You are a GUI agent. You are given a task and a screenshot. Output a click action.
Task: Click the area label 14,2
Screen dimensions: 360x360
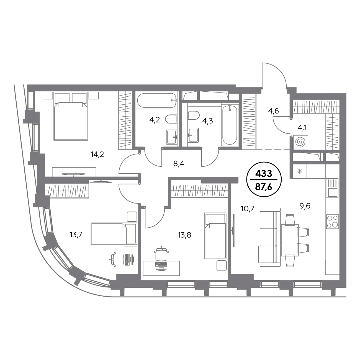point(97,155)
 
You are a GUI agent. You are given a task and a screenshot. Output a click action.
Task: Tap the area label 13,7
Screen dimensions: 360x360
point(76,235)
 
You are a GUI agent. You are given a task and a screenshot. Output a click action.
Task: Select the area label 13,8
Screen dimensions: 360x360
point(185,235)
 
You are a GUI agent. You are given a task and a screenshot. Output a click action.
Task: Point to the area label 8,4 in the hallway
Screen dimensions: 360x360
point(179,164)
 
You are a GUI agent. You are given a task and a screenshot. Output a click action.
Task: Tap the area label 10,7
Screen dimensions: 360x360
point(248,209)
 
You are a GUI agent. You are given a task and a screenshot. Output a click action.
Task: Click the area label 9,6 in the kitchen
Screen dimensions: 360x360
point(305,206)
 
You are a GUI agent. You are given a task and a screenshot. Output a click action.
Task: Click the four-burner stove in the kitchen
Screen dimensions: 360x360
point(333,222)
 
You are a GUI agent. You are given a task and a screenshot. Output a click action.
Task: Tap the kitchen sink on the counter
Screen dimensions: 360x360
point(332,188)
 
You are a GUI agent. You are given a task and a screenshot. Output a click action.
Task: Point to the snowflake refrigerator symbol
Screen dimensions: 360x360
point(300,171)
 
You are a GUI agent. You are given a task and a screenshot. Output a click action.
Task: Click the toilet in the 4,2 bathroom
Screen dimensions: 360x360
point(171,119)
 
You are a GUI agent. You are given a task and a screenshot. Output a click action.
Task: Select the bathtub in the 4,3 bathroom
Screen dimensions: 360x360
point(230,125)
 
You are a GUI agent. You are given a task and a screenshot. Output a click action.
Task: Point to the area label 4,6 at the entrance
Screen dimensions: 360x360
point(273,111)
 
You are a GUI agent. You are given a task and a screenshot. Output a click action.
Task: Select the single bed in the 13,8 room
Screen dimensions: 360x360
point(215,236)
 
